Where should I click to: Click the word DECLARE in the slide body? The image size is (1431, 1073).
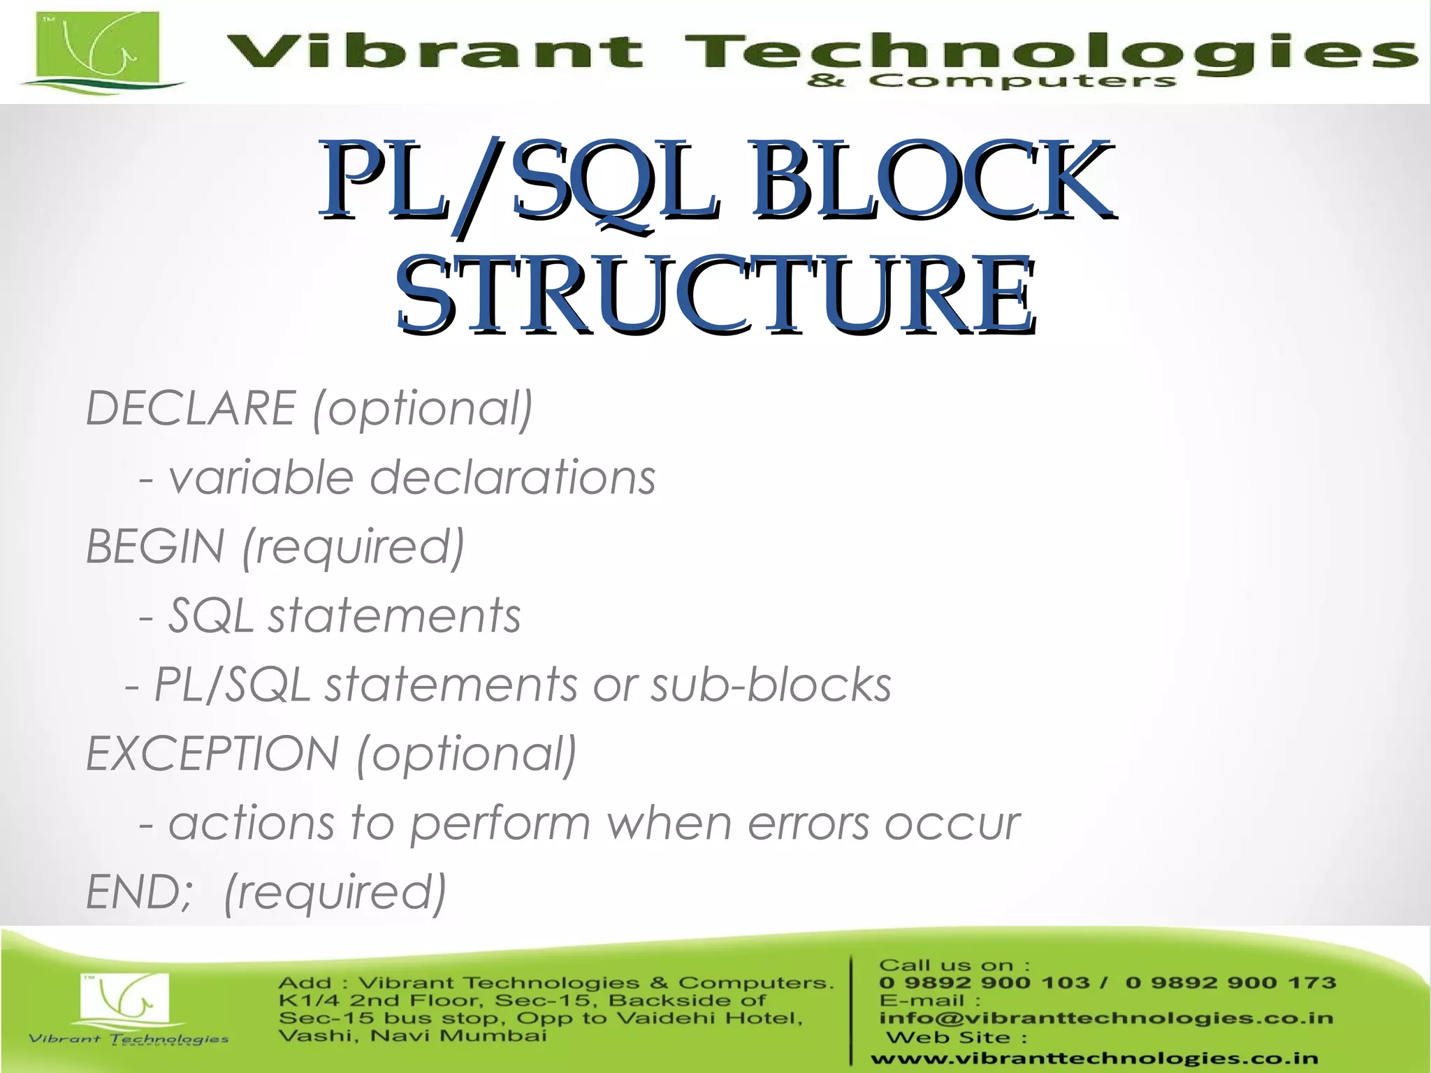click(x=190, y=408)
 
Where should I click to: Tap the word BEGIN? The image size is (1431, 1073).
click(x=155, y=546)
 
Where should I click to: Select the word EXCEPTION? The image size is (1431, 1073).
click(x=212, y=754)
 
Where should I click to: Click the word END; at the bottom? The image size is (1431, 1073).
click(x=138, y=892)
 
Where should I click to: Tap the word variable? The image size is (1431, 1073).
click(x=261, y=478)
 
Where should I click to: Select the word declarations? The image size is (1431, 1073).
click(x=512, y=478)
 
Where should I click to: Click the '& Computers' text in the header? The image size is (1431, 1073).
click(x=991, y=82)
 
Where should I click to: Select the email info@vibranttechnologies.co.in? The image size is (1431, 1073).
click(x=1106, y=1019)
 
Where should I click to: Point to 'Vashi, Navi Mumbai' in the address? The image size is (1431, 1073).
click(x=412, y=1035)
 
